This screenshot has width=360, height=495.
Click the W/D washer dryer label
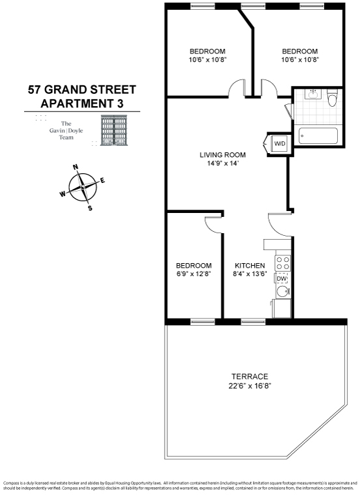[x=279, y=143]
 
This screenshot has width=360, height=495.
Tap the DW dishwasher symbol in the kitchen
[x=282, y=279]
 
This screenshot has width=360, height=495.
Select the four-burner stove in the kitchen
[x=283, y=262]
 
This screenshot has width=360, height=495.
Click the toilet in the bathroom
[x=332, y=99]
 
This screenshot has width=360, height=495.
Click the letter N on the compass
[x=76, y=167]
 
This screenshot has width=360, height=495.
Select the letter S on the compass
[x=90, y=208]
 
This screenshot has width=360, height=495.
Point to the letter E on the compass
[x=103, y=180]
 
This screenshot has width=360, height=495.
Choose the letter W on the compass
[x=62, y=193]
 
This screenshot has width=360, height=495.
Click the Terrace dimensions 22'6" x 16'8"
[x=250, y=386]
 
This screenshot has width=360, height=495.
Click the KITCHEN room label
[x=250, y=266]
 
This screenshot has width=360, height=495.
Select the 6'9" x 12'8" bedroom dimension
[x=194, y=274]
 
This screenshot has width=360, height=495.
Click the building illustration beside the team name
[x=115, y=130]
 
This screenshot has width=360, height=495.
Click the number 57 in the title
[x=35, y=89]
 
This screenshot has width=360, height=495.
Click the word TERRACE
[x=250, y=376]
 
